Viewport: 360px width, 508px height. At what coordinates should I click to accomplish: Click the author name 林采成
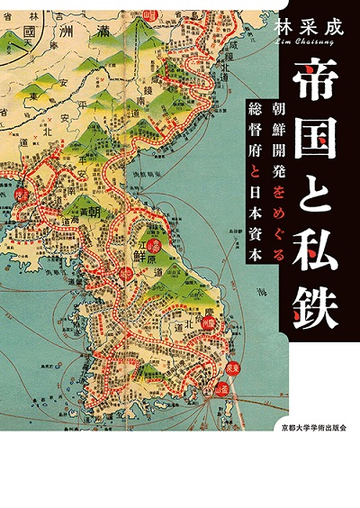tap(310, 28)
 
